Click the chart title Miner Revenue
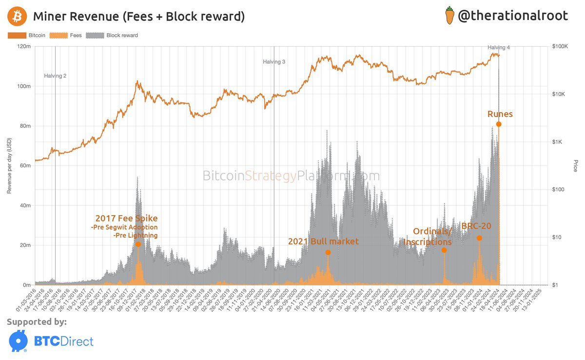point(138,17)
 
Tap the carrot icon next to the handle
point(449,16)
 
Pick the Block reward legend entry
point(112,35)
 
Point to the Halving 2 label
point(55,76)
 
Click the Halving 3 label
point(274,62)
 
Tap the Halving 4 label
point(499,47)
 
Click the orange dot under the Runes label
point(499,124)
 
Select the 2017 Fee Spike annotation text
point(126,218)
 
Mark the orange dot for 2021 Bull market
point(328,252)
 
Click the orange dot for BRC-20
point(479,238)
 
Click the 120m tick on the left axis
point(24,46)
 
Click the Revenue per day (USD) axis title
point(9,165)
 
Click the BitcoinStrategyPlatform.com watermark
point(291,176)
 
